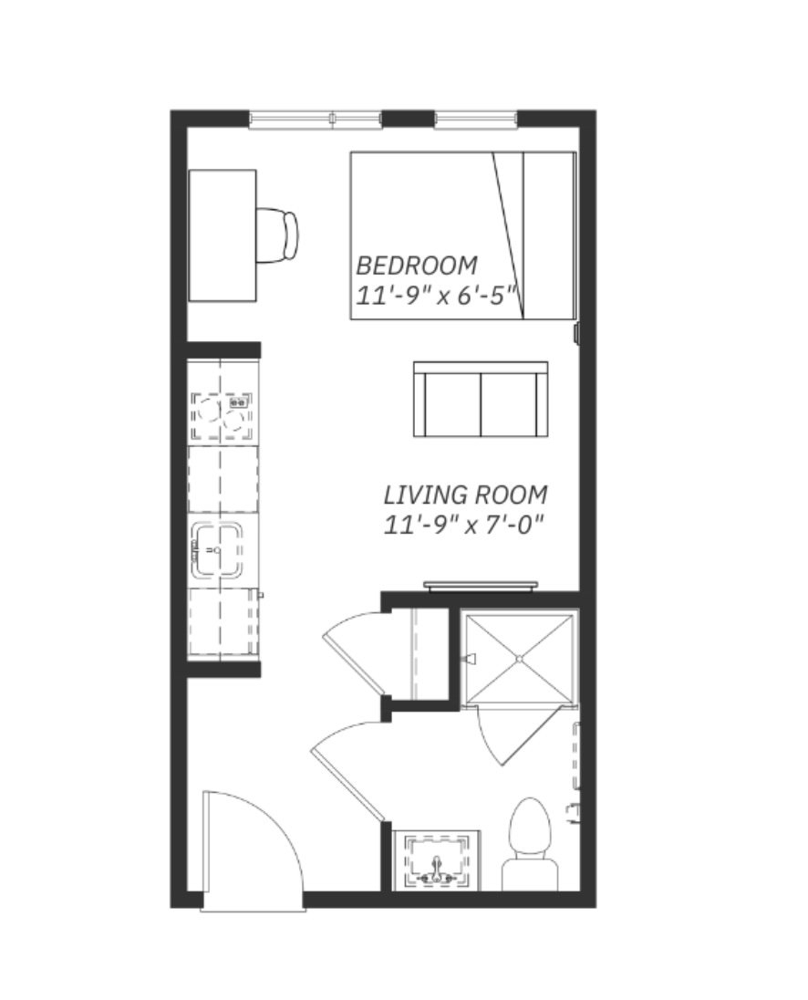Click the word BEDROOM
coord(416,266)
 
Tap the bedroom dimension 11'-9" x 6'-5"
coord(435,296)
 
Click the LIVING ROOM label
coord(465,495)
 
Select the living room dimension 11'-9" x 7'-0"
coord(464,525)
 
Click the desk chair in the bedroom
coord(277,234)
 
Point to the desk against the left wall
coord(223,235)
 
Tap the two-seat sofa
coord(481,400)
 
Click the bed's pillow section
coord(549,235)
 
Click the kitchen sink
coord(217,550)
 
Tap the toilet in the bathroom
coord(530,843)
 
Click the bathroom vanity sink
coord(437,860)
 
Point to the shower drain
coord(519,658)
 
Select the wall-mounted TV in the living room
coord(481,586)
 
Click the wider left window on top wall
coord(316,119)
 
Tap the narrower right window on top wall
coord(476,119)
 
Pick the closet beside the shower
coord(421,653)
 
